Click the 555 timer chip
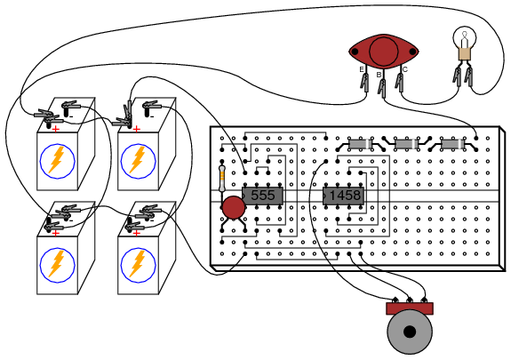[x=262, y=196]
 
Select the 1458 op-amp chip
[x=343, y=196]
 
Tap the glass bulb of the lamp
[x=465, y=37]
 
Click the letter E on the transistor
[x=362, y=69]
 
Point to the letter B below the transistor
[x=379, y=75]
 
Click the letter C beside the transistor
[x=404, y=69]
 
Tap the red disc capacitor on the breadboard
[x=234, y=207]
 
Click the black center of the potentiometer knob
[x=410, y=332]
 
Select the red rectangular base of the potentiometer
[x=410, y=308]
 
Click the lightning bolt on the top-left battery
[x=57, y=160]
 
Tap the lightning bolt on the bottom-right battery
[x=138, y=263]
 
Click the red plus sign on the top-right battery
[x=137, y=130]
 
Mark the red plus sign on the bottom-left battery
[x=56, y=233]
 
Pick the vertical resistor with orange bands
[x=222, y=179]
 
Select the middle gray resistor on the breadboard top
[x=406, y=144]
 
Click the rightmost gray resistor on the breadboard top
[x=452, y=144]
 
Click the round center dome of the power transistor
[x=384, y=52]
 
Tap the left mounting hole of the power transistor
[x=355, y=52]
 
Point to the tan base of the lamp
[x=465, y=54]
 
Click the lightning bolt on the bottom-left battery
[x=57, y=263]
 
